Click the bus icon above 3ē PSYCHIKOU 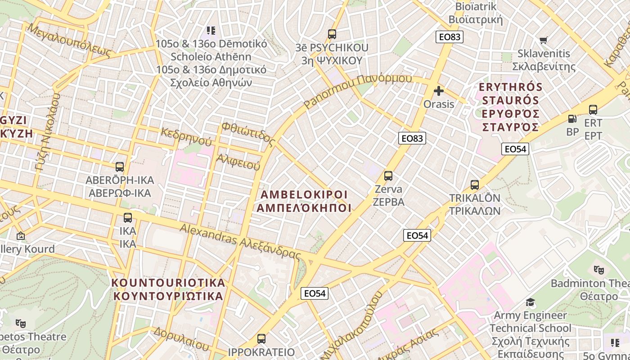(x=332, y=34)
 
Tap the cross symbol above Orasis (x=439, y=91)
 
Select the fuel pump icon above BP (x=572, y=119)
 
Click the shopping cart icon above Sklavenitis (x=544, y=40)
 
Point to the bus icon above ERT (x=593, y=110)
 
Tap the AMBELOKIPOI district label (x=304, y=201)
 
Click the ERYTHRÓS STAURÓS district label (x=511, y=107)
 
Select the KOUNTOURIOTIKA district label (x=168, y=289)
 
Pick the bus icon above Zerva (x=388, y=176)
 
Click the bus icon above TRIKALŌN (x=475, y=185)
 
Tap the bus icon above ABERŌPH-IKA (x=120, y=167)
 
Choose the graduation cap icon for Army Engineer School (x=531, y=302)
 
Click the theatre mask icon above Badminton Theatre (x=598, y=270)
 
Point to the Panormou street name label (x=358, y=90)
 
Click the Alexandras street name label (x=240, y=242)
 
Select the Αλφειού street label (x=238, y=162)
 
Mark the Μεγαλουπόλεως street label (x=69, y=40)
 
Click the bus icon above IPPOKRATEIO (x=261, y=339)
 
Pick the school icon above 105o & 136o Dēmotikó (x=211, y=31)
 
